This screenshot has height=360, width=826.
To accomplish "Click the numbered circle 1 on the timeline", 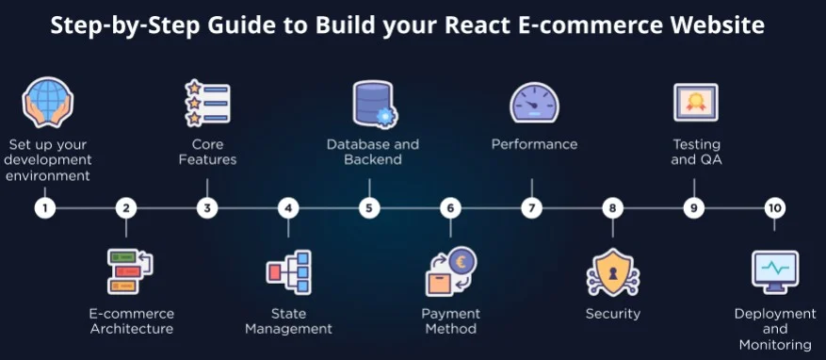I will (x=44, y=208).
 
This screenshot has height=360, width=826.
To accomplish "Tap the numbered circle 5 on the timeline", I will (x=369, y=208).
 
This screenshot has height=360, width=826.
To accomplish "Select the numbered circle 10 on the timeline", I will (x=774, y=208).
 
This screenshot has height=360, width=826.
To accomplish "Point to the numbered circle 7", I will (x=532, y=208).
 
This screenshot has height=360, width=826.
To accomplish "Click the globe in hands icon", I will (x=47, y=104).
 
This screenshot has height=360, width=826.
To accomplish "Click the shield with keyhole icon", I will (x=612, y=272).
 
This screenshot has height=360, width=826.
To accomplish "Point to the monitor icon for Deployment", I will (x=774, y=271).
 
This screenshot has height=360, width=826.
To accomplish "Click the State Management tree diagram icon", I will (x=289, y=272).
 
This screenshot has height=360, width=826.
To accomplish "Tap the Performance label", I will (x=534, y=144).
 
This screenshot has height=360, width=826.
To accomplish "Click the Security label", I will (x=612, y=313).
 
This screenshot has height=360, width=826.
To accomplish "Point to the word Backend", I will (x=373, y=159).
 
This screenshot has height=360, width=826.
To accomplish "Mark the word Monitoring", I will (x=775, y=345).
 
